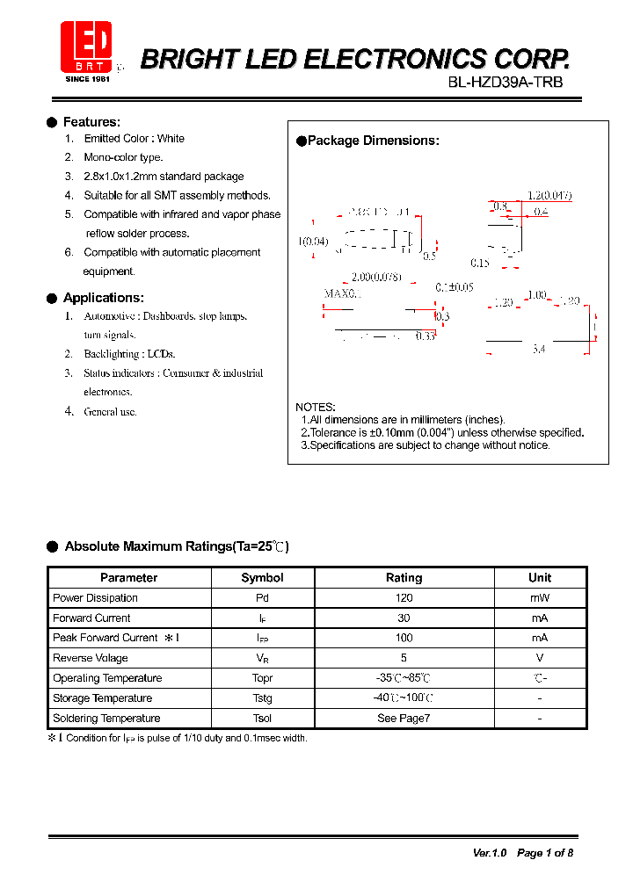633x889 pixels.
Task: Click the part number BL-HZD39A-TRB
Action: (505, 83)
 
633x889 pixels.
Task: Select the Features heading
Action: (91, 122)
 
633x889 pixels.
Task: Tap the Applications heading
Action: (103, 298)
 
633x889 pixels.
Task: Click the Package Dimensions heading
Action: (373, 141)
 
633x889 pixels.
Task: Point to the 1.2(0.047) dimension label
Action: (549, 196)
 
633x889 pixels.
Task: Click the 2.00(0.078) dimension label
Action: (376, 277)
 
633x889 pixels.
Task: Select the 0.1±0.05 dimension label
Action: (455, 287)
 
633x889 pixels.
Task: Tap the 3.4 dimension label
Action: (539, 349)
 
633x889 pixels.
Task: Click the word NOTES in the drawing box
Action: (315, 407)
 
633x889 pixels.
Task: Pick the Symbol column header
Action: (262, 577)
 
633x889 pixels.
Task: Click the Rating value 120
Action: (404, 598)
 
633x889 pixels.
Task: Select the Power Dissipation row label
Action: (95, 598)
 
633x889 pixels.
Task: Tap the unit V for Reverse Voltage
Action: (540, 658)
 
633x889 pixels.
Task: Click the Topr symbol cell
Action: (262, 678)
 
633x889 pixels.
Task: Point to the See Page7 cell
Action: (404, 719)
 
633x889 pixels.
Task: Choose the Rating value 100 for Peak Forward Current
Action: (404, 638)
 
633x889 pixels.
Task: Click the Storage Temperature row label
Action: (102, 698)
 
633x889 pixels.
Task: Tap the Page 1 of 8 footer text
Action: (545, 853)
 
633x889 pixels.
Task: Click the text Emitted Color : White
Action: (134, 139)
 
